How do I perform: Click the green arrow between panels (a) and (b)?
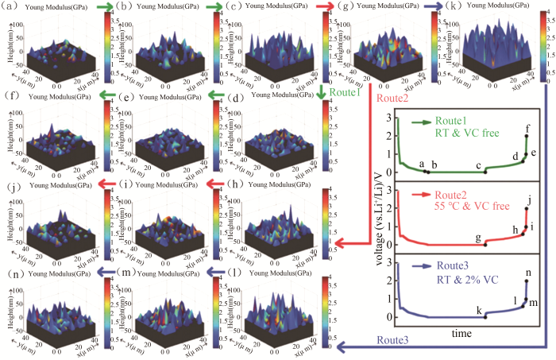point(103,6)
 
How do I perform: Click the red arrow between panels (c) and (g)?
point(325,6)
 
